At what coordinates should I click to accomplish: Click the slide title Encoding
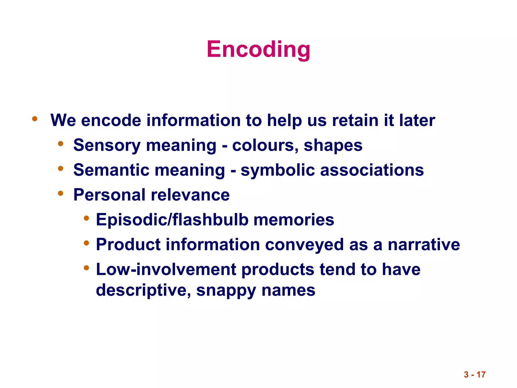258,49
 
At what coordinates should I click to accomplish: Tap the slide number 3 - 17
475,374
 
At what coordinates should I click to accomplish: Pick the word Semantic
111,170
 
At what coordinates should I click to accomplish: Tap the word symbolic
277,170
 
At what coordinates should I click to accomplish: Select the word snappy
226,290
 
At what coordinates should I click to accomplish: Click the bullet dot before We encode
35,119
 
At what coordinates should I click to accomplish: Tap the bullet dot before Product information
86,243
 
